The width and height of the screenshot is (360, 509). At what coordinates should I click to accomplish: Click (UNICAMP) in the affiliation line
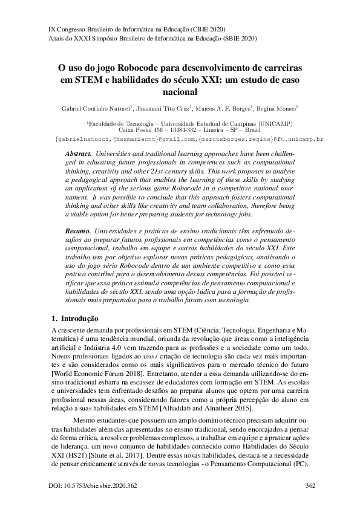pos(270,123)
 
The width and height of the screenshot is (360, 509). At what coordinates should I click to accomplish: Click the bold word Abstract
pos(78,155)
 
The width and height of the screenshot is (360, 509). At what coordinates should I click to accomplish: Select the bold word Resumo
pos(77,231)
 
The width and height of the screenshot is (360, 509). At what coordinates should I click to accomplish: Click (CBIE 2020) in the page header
pos(215,28)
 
